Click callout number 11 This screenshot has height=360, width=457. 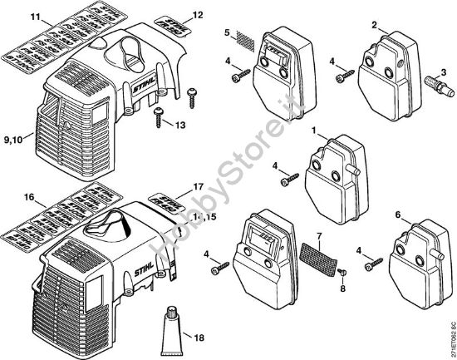(x=12, y=17)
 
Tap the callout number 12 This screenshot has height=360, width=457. (x=197, y=14)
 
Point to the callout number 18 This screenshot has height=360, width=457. (x=198, y=338)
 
